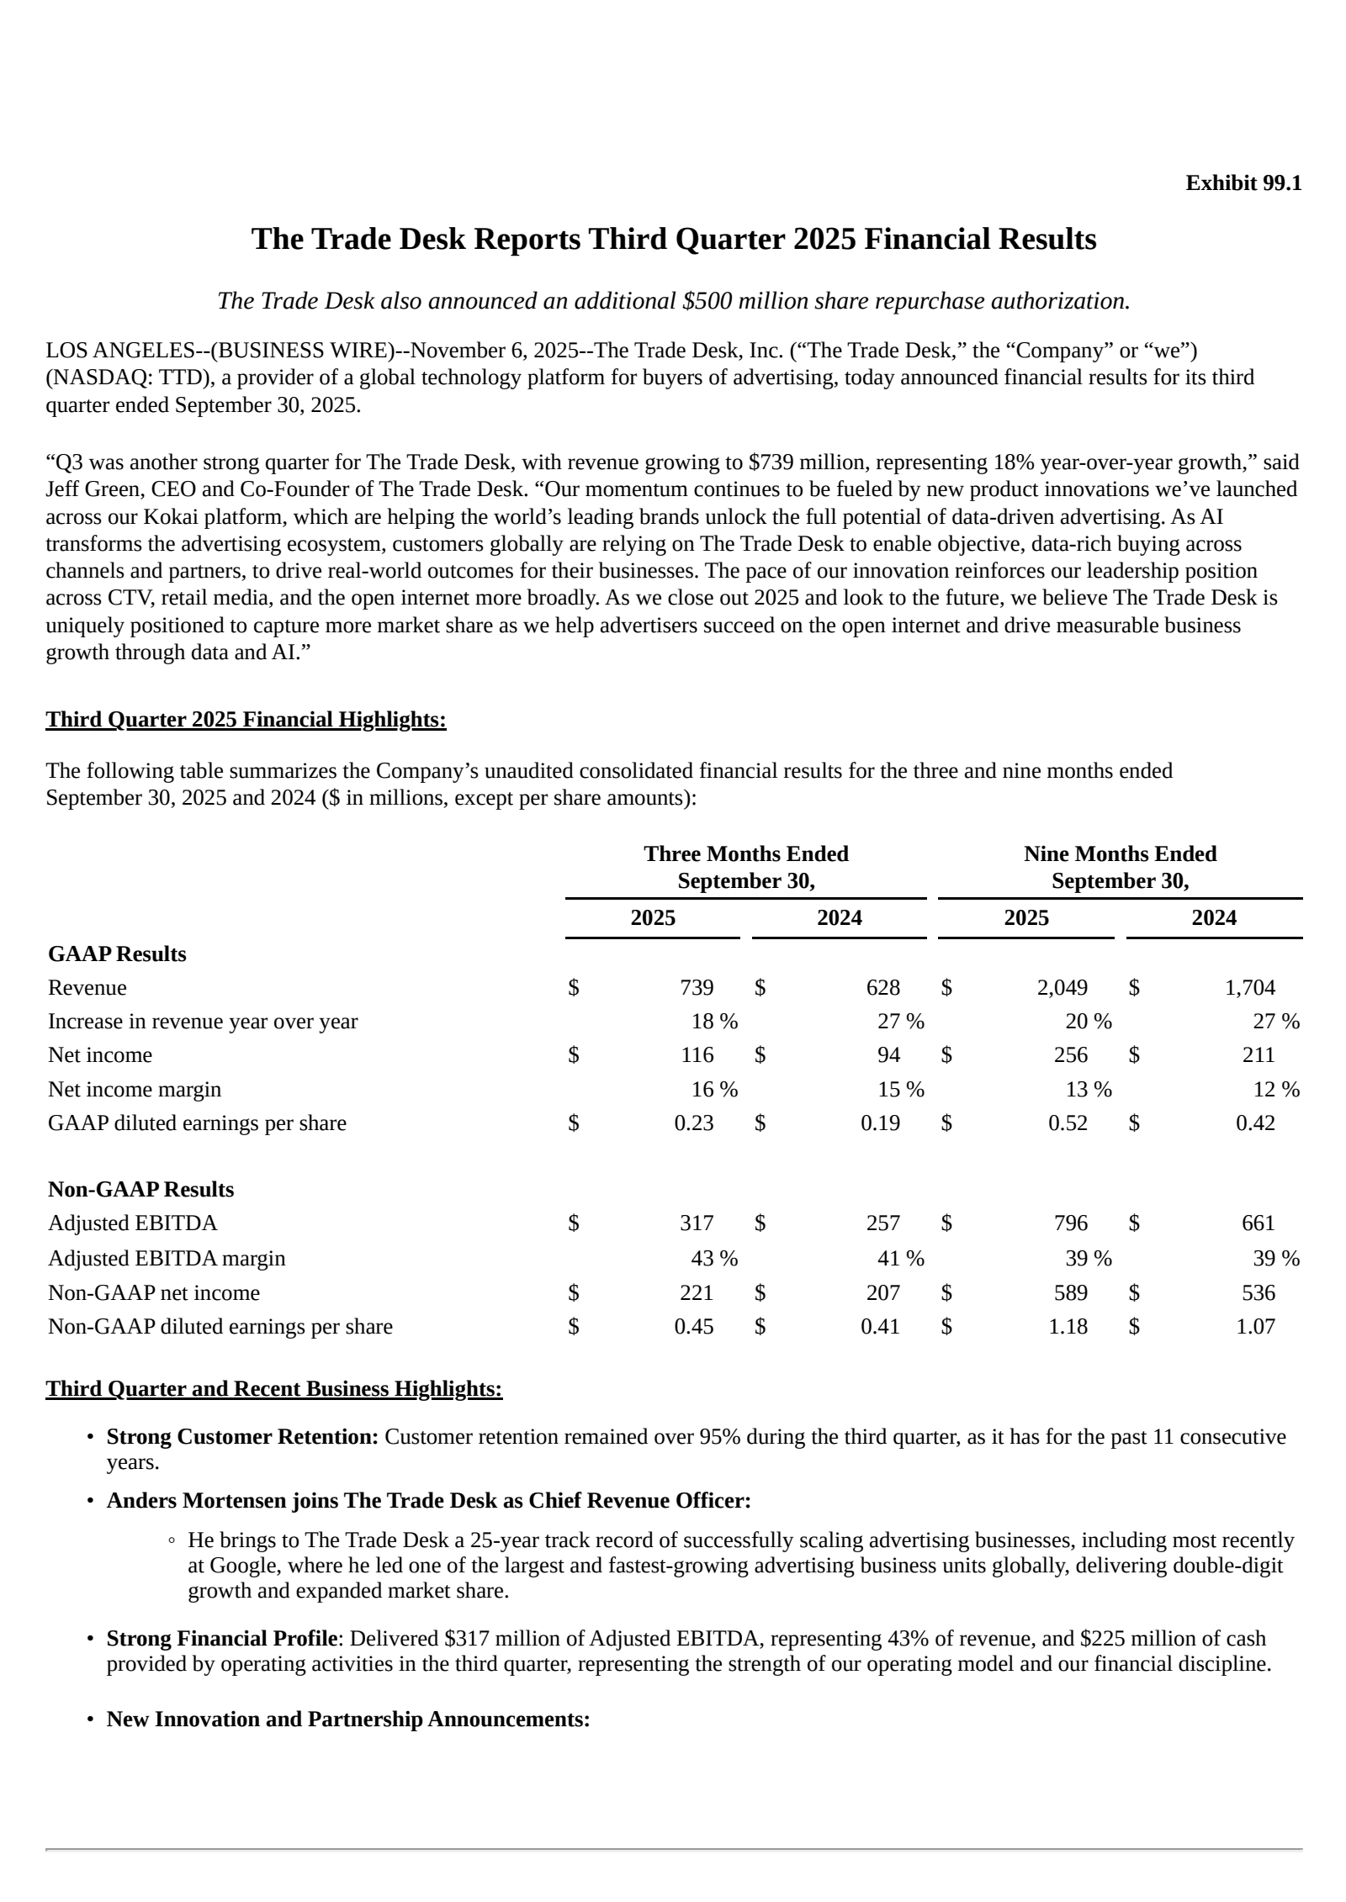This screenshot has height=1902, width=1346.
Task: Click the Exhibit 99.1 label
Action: pyautogui.click(x=1243, y=183)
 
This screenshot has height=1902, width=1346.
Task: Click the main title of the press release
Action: pyautogui.click(x=673, y=240)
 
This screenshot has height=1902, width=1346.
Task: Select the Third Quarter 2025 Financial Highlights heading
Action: pyautogui.click(x=246, y=720)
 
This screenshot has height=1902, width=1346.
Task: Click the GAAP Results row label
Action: pyautogui.click(x=117, y=954)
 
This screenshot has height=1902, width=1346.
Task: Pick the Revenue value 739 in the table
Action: pyautogui.click(x=697, y=988)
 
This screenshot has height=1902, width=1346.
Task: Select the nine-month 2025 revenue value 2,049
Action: pyautogui.click(x=1062, y=988)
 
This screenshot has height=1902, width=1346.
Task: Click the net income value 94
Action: pyautogui.click(x=888, y=1055)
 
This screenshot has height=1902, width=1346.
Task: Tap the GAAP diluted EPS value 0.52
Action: pyautogui.click(x=1068, y=1123)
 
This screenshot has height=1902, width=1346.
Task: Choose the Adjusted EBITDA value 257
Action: pyautogui.click(x=883, y=1223)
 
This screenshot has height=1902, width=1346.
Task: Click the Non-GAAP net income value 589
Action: pyautogui.click(x=1070, y=1292)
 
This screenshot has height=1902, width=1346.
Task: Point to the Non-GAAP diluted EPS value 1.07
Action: pyautogui.click(x=1255, y=1327)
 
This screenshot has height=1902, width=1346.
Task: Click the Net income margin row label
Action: pyautogui.click(x=135, y=1090)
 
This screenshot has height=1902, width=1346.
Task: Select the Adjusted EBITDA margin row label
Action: pyautogui.click(x=167, y=1259)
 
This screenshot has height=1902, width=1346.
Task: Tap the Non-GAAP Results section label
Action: pyautogui.click(x=140, y=1190)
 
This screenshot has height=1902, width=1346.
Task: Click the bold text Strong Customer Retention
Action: pyautogui.click(x=242, y=1437)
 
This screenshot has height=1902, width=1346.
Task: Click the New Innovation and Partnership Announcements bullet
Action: pyautogui.click(x=347, y=1720)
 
